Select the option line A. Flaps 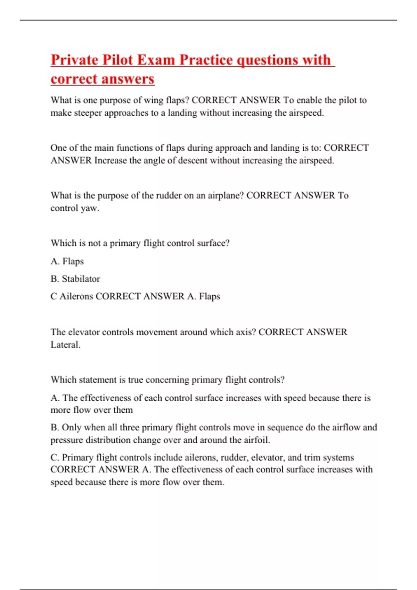67,261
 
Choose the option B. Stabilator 75,279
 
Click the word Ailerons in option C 76,296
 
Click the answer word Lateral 65,345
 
